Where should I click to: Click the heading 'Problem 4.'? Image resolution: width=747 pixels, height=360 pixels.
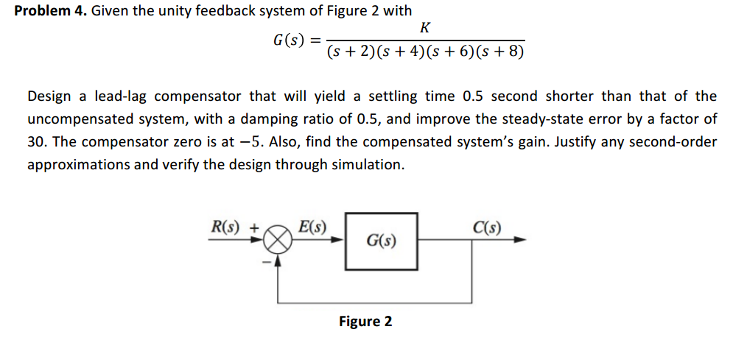click(50, 10)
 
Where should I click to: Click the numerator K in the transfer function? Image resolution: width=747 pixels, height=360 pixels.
click(424, 28)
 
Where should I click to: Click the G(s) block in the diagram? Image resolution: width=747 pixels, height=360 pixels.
click(381, 241)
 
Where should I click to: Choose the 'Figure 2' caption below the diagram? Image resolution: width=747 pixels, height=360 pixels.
click(365, 322)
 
